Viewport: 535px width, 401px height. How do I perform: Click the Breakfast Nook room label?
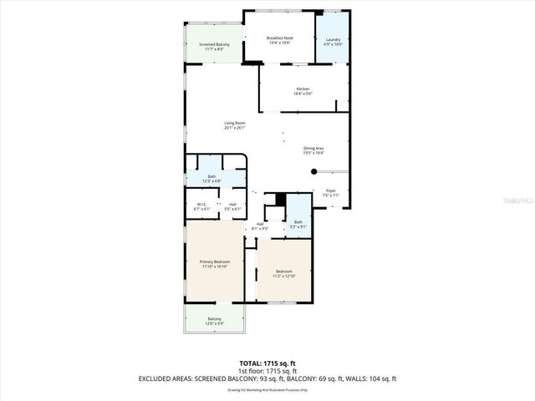pyautogui.click(x=279, y=38)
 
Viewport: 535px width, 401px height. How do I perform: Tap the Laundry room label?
pyautogui.click(x=333, y=39)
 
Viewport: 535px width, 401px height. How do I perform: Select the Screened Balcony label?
pyautogui.click(x=214, y=44)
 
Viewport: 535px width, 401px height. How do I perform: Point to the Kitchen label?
pyautogui.click(x=303, y=89)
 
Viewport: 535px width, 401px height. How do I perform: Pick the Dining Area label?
pyautogui.click(x=313, y=149)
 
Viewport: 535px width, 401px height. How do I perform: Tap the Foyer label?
pyautogui.click(x=330, y=190)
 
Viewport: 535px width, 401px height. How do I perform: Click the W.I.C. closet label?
pyautogui.click(x=201, y=205)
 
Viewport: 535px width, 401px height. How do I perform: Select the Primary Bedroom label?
pyautogui.click(x=214, y=262)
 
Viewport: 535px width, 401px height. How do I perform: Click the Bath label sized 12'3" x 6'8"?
pyautogui.click(x=211, y=176)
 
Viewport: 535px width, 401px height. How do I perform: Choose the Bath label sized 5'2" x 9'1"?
pyautogui.click(x=298, y=222)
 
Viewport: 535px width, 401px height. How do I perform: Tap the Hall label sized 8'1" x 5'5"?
pyautogui.click(x=260, y=224)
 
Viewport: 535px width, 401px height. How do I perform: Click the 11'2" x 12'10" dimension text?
pyautogui.click(x=283, y=276)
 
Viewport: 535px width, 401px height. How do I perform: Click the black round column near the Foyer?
pyautogui.click(x=314, y=171)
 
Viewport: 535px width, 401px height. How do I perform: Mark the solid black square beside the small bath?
pyautogui.click(x=280, y=200)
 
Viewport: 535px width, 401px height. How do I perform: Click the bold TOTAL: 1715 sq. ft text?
pyautogui.click(x=267, y=362)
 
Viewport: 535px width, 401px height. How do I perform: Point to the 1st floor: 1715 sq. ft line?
pyautogui.click(x=267, y=370)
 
